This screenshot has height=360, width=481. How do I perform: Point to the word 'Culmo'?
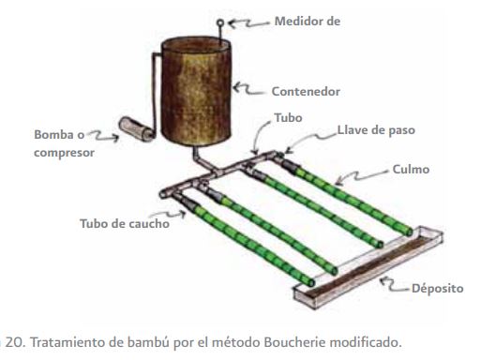[x=412, y=172]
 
